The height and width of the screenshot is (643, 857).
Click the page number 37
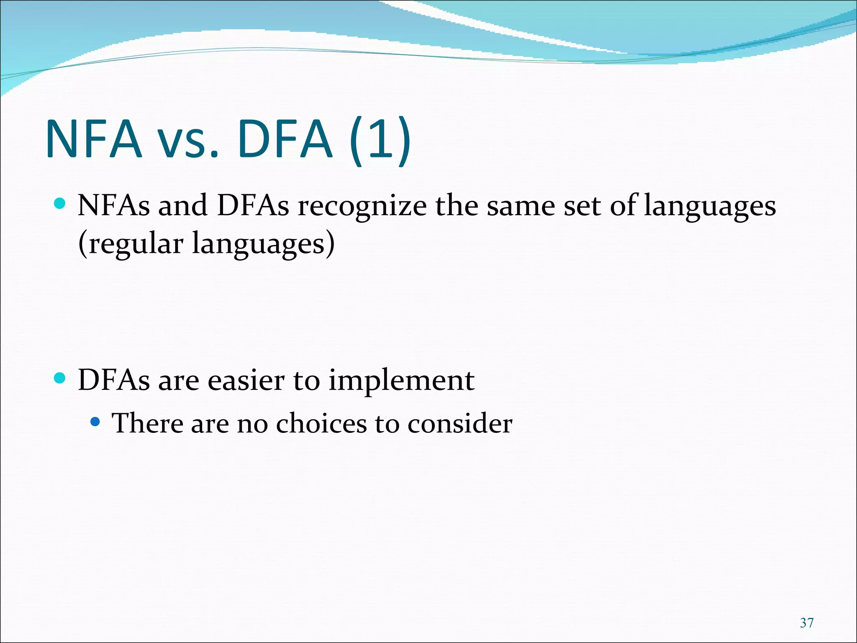(806, 623)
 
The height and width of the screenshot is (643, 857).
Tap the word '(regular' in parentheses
(131, 244)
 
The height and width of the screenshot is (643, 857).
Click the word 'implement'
(401, 382)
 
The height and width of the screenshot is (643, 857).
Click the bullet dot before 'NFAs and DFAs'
(60, 204)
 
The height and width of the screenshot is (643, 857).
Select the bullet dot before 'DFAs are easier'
(60, 378)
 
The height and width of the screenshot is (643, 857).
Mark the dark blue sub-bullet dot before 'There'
(95, 422)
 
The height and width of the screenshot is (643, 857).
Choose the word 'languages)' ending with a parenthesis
(263, 244)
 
